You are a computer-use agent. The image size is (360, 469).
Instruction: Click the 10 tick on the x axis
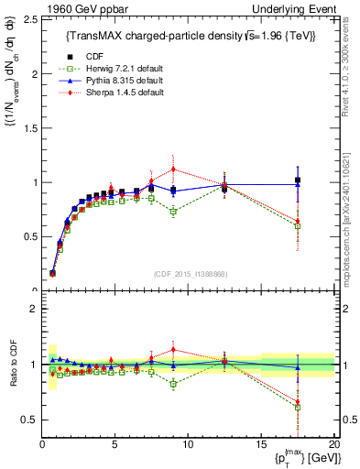(188, 443)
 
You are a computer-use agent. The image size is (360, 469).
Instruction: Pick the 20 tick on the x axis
(333, 443)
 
